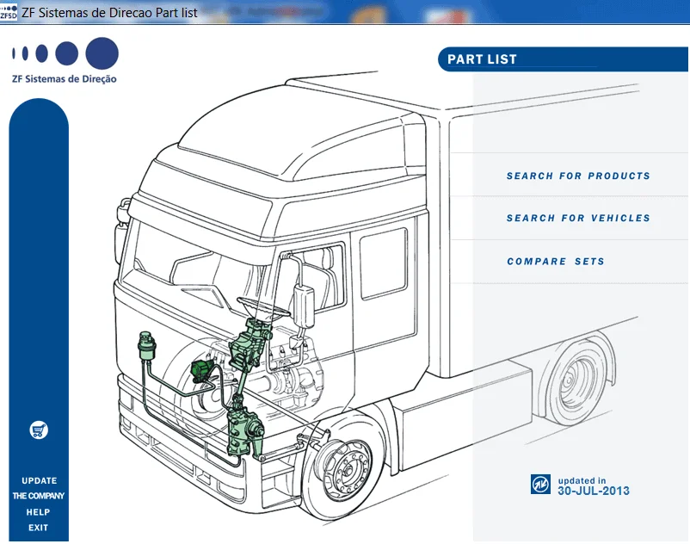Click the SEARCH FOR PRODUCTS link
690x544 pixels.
(577, 176)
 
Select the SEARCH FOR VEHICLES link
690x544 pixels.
(577, 219)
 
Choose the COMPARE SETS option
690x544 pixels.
(555, 262)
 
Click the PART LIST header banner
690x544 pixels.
(482, 59)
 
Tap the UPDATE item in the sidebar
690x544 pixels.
(39, 481)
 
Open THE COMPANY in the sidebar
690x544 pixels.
(39, 497)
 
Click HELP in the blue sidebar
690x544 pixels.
(39, 512)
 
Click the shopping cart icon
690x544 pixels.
(39, 430)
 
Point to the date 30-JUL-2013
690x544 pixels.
(593, 491)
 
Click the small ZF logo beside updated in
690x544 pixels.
(540, 485)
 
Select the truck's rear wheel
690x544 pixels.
(575, 380)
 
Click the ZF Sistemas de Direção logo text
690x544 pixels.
(65, 79)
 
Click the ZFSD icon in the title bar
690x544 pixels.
(9, 11)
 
